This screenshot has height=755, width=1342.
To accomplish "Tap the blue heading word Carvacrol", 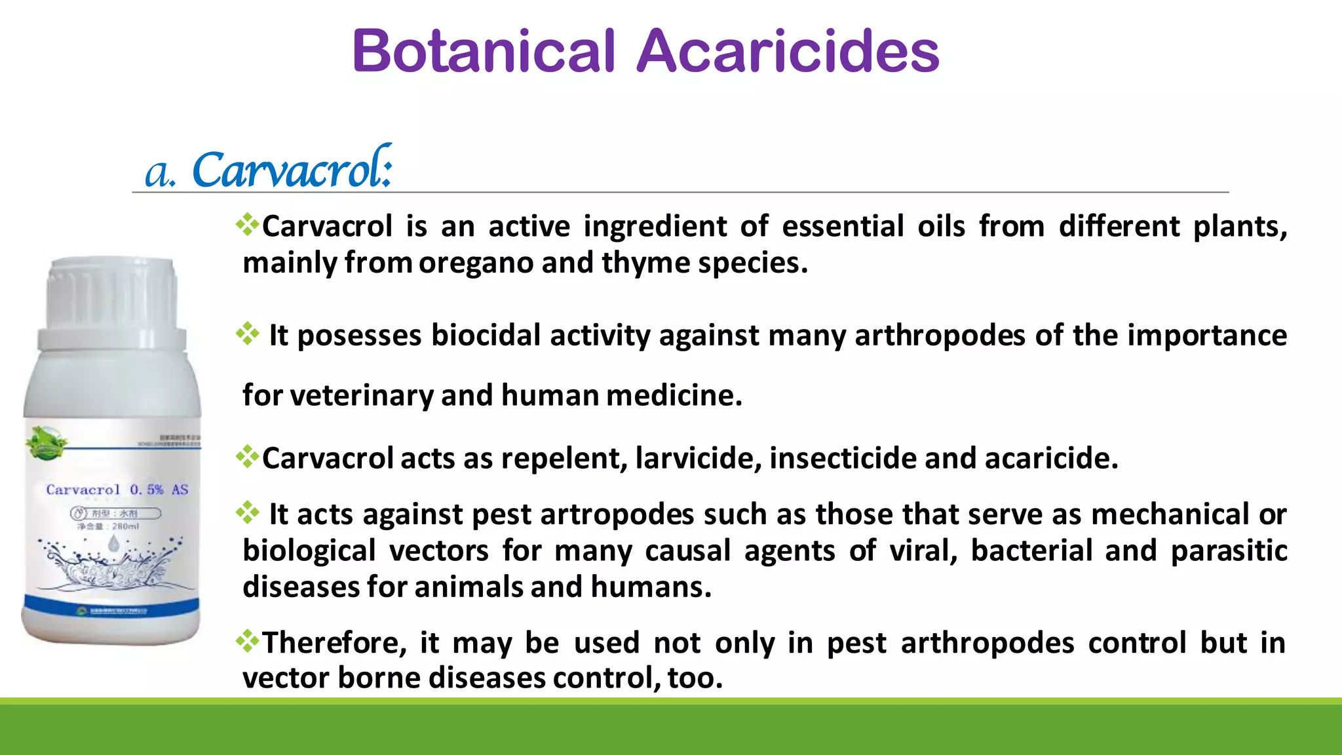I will [292, 170].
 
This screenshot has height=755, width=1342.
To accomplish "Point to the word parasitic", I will [1229, 551].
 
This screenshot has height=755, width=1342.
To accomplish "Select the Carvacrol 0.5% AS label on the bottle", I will [117, 490].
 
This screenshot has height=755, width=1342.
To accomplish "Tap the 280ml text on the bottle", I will [125, 526].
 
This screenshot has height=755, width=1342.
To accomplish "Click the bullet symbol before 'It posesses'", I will [248, 334].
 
